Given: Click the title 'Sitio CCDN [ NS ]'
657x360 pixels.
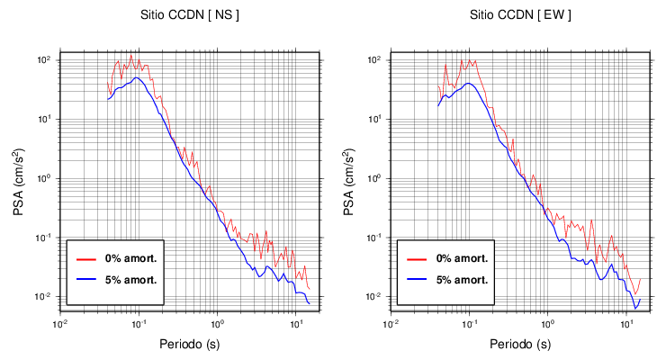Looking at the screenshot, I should point(190,15).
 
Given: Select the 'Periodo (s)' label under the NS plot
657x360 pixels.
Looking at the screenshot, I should point(190,344).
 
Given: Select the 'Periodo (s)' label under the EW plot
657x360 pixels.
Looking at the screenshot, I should point(520,344).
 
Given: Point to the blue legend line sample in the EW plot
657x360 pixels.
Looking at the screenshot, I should point(416,279).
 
